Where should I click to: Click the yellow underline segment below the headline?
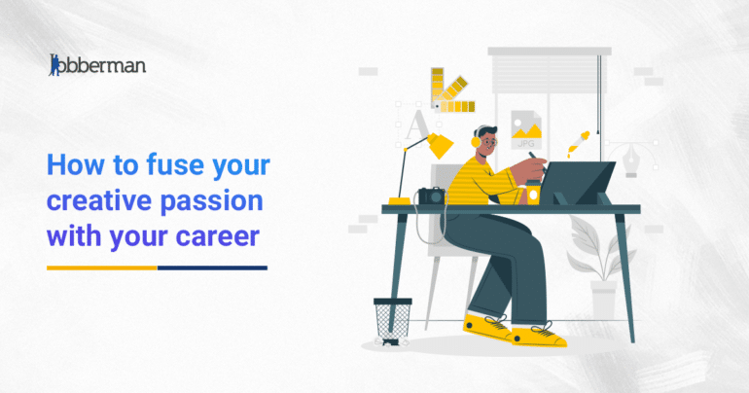[101, 267]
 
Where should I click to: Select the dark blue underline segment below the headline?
[212, 267]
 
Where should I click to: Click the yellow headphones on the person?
[477, 141]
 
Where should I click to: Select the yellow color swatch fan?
[450, 92]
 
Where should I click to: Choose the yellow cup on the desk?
[532, 194]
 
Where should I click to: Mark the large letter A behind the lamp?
[416, 126]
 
